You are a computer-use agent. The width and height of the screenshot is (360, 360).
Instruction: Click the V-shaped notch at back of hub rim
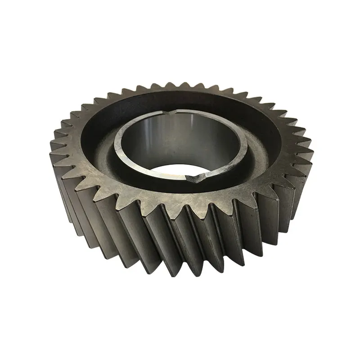[x=177, y=111]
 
